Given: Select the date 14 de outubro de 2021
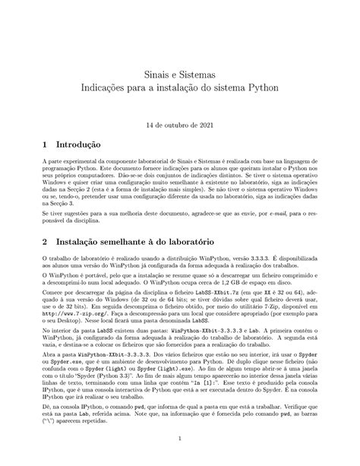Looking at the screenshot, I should (x=180, y=123).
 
